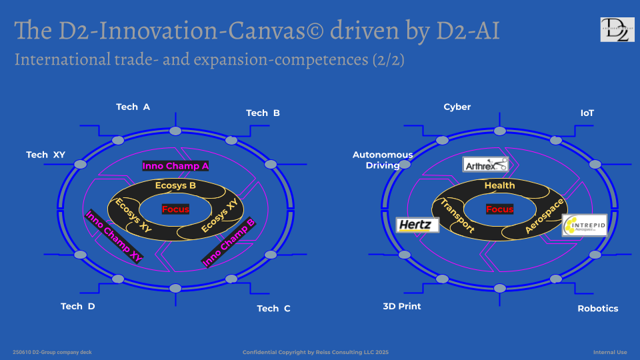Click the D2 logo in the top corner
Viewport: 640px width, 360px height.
[617, 30]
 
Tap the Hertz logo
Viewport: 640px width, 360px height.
[417, 225]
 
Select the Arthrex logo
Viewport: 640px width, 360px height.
[485, 165]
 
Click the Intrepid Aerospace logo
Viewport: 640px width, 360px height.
[584, 225]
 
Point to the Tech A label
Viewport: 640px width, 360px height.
[133, 107]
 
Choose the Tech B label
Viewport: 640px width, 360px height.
[263, 113]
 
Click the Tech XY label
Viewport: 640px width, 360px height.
[45, 155]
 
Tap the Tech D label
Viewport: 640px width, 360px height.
[77, 306]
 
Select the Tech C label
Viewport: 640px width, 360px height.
[273, 308]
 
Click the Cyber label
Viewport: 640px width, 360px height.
[457, 107]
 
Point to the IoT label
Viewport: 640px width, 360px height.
[587, 113]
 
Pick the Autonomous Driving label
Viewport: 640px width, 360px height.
[383, 160]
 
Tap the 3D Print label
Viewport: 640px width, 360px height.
[401, 306]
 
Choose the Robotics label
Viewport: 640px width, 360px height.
[597, 308]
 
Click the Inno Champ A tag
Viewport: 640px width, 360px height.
[176, 165]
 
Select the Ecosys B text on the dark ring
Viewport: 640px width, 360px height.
[175, 185]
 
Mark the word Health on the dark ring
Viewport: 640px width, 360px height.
[499, 185]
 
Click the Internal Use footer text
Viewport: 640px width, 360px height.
[610, 351]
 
